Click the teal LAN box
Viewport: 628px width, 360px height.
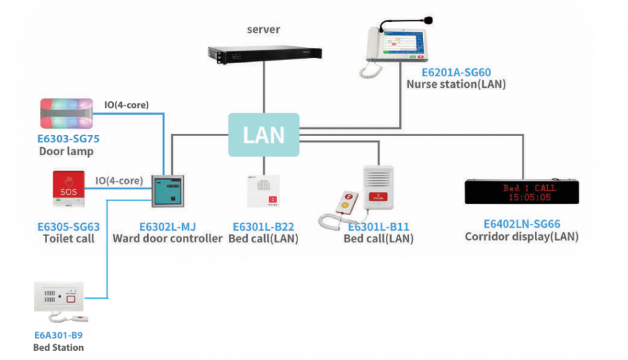pyautogui.click(x=263, y=134)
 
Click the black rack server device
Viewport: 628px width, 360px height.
pyautogui.click(x=264, y=53)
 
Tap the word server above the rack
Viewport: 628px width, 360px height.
pyautogui.click(x=264, y=29)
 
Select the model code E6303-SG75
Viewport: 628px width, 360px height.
pyautogui.click(x=68, y=139)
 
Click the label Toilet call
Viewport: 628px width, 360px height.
pyautogui.click(x=69, y=238)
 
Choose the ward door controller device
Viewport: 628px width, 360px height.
pyautogui.click(x=167, y=192)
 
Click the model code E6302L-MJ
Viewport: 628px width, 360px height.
pyautogui.click(x=167, y=226)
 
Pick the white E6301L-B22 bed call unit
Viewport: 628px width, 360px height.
pyautogui.click(x=264, y=192)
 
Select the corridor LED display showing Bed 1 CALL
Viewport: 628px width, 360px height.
pyautogui.click(x=521, y=191)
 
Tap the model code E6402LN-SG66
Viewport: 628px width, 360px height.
pyautogui.click(x=521, y=224)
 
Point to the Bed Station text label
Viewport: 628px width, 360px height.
pyautogui.click(x=58, y=347)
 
